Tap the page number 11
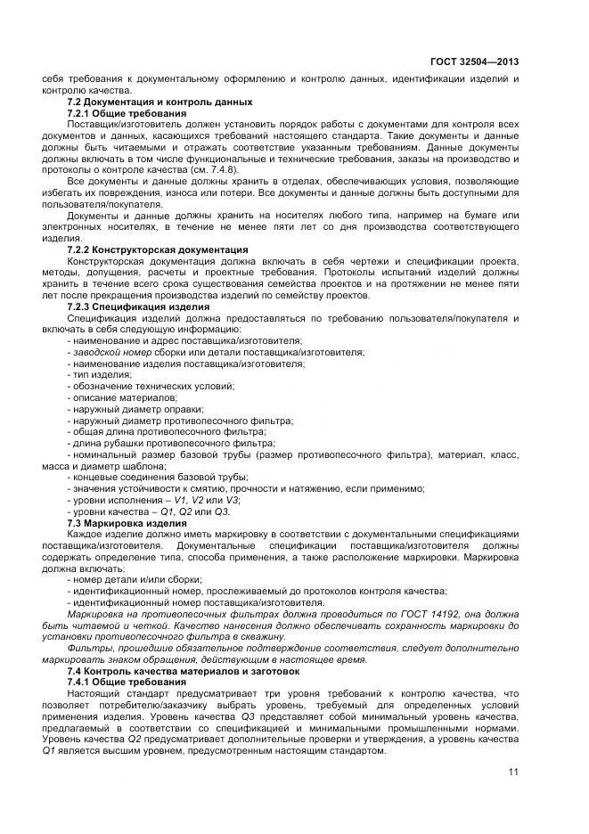[x=513, y=772]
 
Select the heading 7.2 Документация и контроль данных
[x=160, y=102]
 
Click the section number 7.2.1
[x=82, y=113]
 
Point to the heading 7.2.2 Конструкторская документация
[x=158, y=250]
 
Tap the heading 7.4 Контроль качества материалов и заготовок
[x=184, y=670]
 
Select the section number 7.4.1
[x=82, y=681]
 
